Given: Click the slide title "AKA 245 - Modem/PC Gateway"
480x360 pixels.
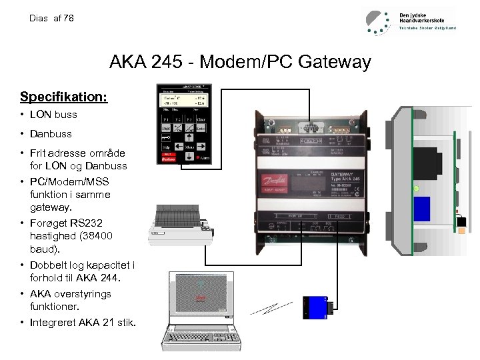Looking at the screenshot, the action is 240,63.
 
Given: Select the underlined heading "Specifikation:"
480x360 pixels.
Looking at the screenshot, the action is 63,97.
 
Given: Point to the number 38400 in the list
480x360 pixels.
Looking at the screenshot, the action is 96,236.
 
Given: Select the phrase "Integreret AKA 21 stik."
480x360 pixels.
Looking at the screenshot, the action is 83,323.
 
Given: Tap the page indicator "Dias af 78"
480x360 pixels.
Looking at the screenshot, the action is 52,18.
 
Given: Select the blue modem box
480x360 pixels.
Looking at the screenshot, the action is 315,308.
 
